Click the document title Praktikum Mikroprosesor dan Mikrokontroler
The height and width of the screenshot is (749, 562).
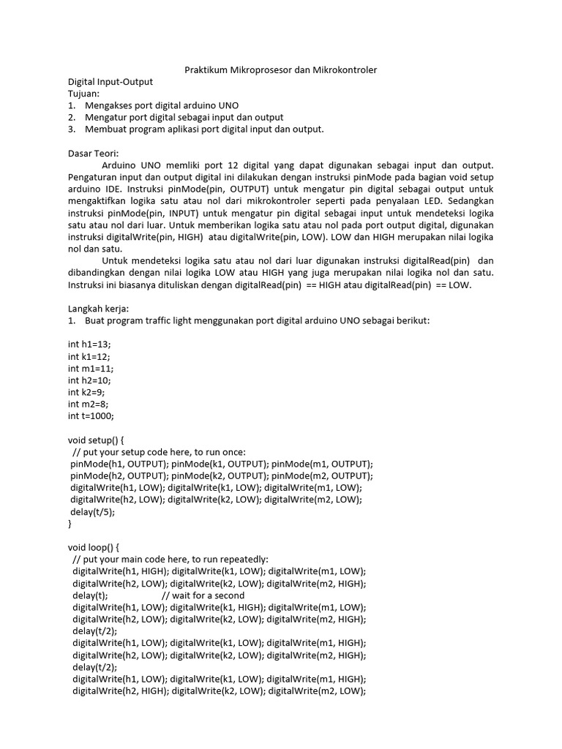280,70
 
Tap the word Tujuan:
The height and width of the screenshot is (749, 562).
83,94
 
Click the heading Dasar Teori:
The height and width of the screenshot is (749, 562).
93,154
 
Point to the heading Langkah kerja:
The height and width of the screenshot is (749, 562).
98,309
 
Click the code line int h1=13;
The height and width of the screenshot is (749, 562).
90,345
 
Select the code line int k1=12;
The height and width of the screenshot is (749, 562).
90,356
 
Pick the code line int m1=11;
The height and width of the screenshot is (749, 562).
91,368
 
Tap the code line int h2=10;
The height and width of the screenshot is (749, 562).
90,380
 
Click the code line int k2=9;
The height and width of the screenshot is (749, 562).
88,392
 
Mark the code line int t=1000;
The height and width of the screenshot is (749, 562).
91,415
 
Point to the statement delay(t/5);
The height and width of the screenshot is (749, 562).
93,512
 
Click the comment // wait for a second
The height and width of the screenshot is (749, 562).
203,595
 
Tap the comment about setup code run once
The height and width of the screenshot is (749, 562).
160,452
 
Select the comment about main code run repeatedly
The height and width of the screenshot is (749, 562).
171,560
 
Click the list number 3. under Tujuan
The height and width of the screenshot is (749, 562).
72,129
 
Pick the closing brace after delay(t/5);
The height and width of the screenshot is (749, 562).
70,524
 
